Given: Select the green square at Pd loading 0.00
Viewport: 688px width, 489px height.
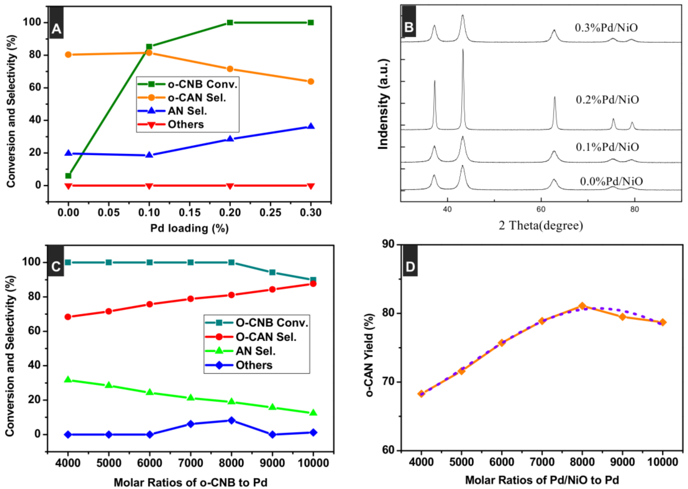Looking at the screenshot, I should point(68,175).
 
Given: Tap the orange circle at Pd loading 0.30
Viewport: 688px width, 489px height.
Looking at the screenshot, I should point(311,82).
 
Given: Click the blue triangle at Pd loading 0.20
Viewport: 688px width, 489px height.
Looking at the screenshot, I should point(230,139).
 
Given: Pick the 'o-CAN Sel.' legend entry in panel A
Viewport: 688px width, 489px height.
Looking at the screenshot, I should point(196,98).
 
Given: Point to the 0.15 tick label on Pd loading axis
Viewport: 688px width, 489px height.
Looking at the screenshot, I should point(190,212).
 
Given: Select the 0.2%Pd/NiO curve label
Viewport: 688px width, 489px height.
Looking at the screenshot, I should point(607,100).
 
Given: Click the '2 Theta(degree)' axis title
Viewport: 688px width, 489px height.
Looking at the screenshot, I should point(541,225).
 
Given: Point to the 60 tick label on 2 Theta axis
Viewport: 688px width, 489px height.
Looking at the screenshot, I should point(541,209).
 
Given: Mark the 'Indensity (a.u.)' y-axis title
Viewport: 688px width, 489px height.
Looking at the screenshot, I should point(383,104).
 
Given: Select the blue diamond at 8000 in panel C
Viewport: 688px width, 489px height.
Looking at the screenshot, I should point(231,420).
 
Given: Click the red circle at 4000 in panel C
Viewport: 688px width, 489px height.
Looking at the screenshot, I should point(68,317).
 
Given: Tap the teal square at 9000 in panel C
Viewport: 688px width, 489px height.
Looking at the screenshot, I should point(272,272).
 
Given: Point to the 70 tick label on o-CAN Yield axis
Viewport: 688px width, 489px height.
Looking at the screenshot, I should point(388,382).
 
